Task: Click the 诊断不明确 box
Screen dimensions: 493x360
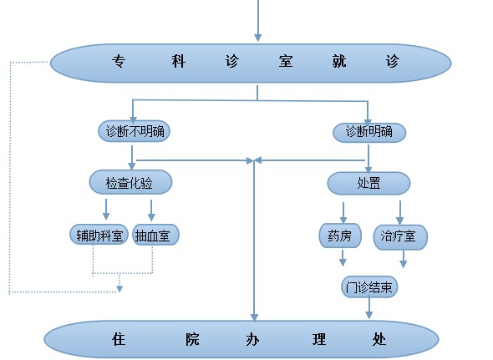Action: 135,131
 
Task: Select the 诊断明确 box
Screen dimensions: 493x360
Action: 369,132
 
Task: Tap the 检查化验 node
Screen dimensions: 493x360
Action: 131,182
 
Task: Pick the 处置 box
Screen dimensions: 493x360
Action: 368,183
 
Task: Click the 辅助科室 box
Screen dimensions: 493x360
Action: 99,235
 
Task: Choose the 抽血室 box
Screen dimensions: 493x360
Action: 155,235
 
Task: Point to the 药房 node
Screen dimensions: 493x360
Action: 340,236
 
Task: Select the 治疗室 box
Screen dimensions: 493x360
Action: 400,237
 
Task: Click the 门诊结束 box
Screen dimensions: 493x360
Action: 369,286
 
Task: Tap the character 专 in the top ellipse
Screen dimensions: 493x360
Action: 119,61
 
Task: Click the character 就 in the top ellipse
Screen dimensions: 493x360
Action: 339,61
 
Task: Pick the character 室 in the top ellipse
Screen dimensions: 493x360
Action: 286,61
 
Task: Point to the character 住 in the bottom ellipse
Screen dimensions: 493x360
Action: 119,340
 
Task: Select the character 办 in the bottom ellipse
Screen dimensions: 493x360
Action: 252,340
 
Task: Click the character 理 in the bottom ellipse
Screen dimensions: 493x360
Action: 319,340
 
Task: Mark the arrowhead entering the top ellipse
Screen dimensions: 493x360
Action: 258,38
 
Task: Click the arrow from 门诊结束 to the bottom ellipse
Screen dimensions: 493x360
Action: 369,307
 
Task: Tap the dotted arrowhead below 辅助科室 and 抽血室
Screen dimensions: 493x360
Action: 119,289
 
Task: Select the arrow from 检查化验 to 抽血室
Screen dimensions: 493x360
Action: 151,210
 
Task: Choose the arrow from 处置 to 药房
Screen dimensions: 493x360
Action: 343,213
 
